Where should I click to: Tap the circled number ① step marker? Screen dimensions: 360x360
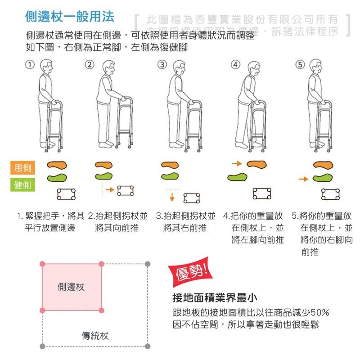coord(30,64)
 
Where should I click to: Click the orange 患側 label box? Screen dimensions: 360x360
coord(22,168)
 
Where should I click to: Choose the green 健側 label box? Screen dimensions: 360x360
coord(22,184)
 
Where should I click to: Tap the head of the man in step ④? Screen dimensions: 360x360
coord(252,67)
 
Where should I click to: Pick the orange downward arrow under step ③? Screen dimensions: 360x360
coord(172,196)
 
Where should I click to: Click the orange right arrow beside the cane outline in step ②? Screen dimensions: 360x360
coord(109,190)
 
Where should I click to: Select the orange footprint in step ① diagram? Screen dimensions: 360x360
coord(58,164)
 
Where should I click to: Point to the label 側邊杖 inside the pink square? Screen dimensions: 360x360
coord(71,287)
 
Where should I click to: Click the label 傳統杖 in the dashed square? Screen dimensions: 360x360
coord(95,336)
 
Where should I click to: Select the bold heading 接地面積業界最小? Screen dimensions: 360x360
coord(215,298)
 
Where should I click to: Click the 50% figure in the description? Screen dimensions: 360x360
coord(320,313)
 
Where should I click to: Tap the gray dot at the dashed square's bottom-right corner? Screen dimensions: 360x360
coord(148,346)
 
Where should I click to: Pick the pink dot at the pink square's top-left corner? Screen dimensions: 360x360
coord(43,263)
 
